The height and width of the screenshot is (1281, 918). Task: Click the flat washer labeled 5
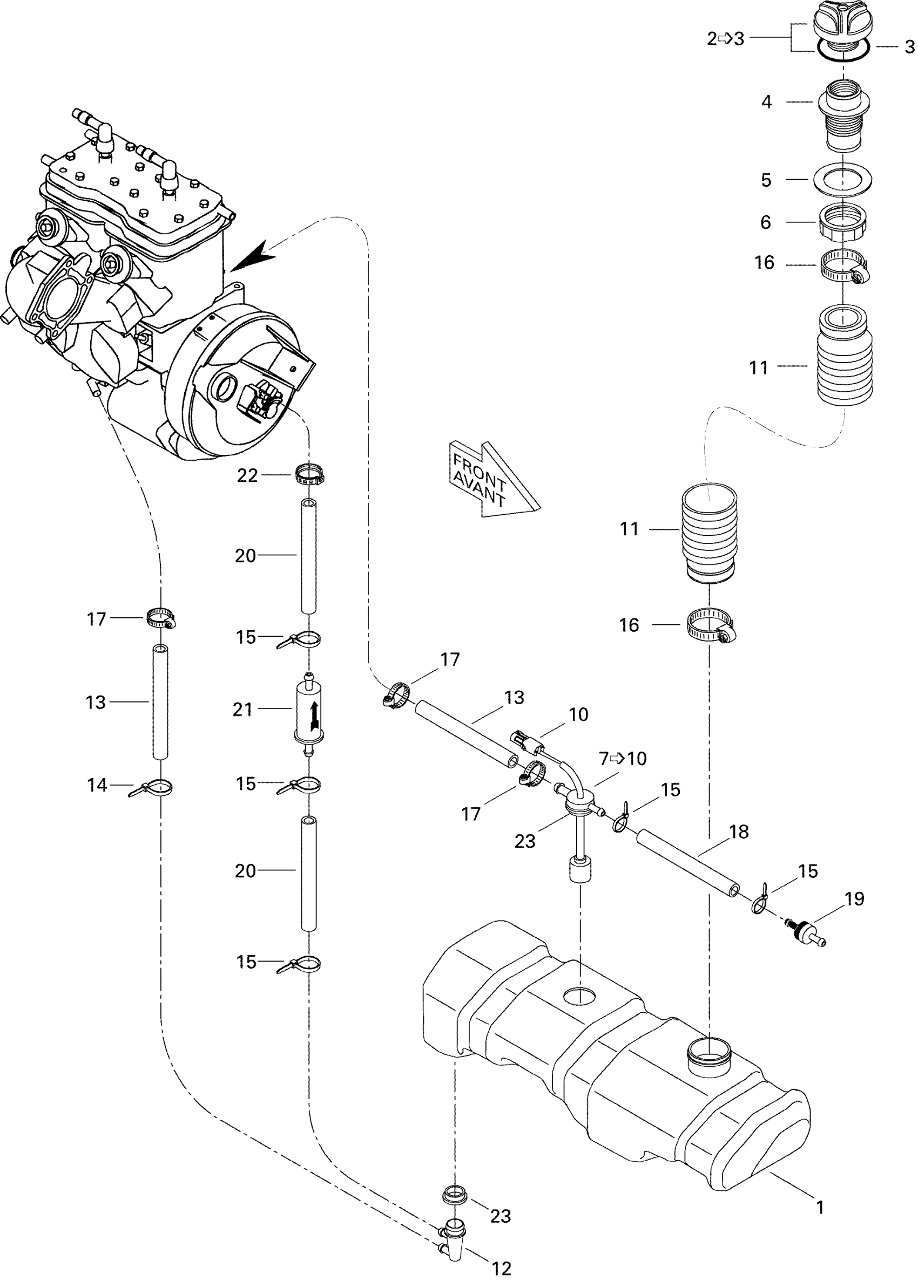click(842, 180)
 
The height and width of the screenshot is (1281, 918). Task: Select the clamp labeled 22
click(310, 474)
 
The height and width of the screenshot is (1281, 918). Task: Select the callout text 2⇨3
click(726, 39)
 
